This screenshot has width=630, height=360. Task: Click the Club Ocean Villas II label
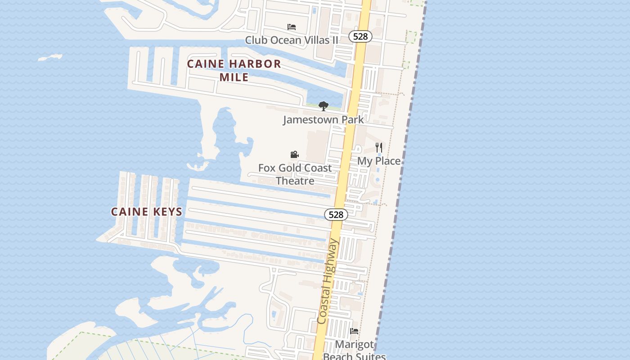(x=291, y=40)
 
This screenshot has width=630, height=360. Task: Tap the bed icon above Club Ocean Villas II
(x=292, y=27)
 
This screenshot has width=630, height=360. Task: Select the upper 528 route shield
(x=360, y=36)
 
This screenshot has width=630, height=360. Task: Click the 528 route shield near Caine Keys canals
(x=336, y=215)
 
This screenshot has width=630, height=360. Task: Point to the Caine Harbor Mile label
(x=234, y=70)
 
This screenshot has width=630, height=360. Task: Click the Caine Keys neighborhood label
(x=147, y=211)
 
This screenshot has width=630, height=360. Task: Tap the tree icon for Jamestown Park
(x=323, y=106)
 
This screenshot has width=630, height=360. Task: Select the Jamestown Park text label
(x=323, y=120)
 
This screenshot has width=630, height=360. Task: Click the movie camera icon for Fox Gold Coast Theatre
(x=295, y=155)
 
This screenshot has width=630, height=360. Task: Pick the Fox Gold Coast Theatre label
(x=295, y=174)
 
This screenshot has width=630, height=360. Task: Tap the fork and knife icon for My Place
(x=379, y=147)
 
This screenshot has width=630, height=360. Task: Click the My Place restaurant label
(x=379, y=161)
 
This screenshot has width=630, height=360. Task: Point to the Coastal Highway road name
(x=328, y=281)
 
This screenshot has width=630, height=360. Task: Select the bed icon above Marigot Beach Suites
(x=354, y=331)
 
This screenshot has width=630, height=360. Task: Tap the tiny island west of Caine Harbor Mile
(x=50, y=58)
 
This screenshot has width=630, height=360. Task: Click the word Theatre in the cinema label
(x=295, y=181)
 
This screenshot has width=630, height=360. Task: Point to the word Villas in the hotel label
(x=316, y=40)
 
